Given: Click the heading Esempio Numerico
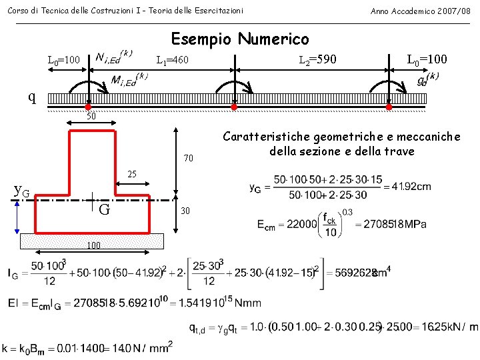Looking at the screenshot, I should tap(240, 39).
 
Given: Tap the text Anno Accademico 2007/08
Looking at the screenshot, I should tap(421, 11).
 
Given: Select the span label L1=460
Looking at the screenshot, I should tap(172, 61).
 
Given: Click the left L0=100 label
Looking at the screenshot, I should tap(64, 61).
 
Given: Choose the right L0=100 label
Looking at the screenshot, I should tap(427, 60).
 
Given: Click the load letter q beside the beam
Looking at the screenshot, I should tap(32, 97).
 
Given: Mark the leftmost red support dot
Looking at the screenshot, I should tap(88, 107).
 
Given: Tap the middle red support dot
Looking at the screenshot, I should tap(234, 107).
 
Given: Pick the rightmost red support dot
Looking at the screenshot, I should tap(389, 107).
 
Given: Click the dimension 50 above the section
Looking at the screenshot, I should tap(92, 117).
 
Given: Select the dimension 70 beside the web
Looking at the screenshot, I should tap(189, 159).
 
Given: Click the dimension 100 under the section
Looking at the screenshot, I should tap(93, 245).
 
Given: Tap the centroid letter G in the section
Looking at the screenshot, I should tap(104, 210).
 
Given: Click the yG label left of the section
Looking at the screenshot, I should tap(22, 191).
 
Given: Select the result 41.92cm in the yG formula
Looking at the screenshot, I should tap(412, 187).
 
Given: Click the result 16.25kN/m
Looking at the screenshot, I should tap(445, 327).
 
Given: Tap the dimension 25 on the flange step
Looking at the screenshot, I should tap(132, 175).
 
